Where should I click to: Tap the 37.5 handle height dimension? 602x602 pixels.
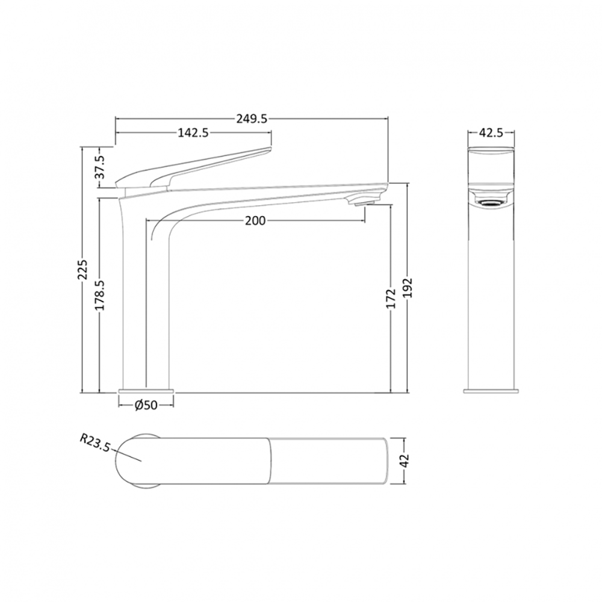click(101, 167)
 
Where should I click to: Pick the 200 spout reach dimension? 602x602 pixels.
click(255, 221)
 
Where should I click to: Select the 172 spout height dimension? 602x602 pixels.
click(391, 299)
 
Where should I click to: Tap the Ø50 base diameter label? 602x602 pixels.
click(146, 405)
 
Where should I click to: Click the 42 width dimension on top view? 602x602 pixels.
click(405, 461)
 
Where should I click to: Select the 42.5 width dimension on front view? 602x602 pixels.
click(491, 134)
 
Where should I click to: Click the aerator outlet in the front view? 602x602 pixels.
click(491, 203)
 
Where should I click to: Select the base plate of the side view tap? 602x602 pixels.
click(146, 391)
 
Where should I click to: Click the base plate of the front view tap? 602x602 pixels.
click(491, 391)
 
